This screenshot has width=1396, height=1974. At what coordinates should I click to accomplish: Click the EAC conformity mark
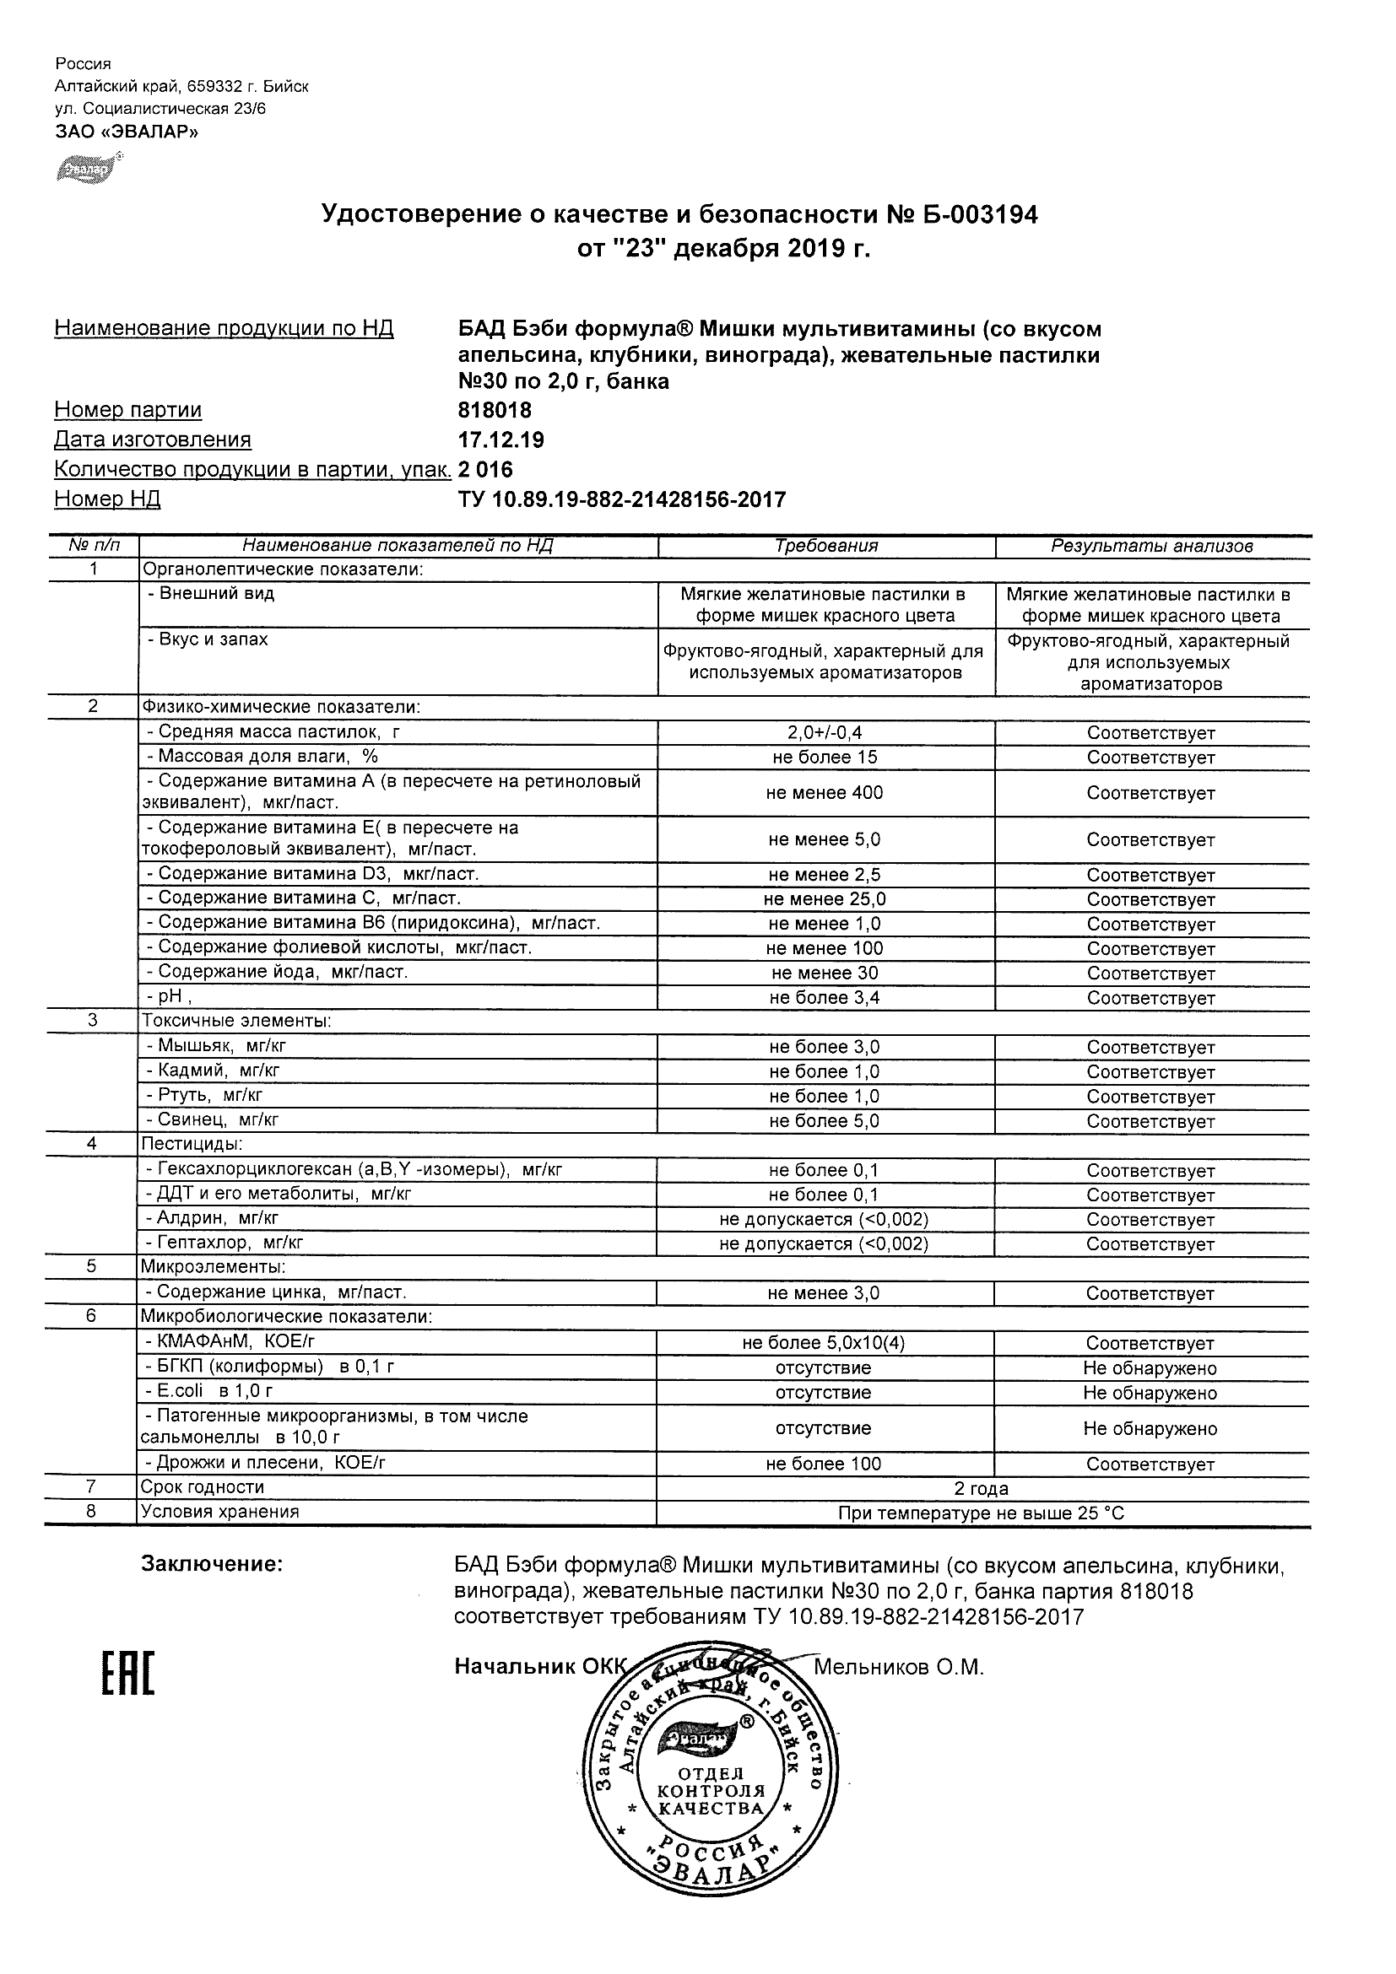[128, 1673]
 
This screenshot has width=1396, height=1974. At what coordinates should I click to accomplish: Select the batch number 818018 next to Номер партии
[495, 410]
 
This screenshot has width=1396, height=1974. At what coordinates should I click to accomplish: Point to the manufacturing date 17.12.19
[501, 440]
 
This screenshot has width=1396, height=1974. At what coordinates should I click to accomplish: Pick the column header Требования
[825, 546]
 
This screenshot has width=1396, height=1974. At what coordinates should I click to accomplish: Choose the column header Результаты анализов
[1152, 546]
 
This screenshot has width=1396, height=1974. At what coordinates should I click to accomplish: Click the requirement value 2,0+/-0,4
[824, 733]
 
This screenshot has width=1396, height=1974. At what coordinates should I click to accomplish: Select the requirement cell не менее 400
[824, 793]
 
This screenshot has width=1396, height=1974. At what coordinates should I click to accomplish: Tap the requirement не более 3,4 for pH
[824, 998]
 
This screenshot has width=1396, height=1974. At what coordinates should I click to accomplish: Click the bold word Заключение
[212, 1564]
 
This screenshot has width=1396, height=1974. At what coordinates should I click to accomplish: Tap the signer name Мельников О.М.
[898, 1667]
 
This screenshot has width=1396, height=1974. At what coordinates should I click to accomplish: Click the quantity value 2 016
[485, 469]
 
